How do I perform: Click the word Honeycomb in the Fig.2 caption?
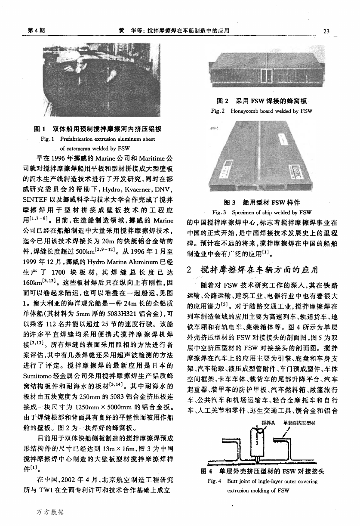click(246, 111)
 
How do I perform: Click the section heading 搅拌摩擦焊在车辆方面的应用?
click(258, 270)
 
